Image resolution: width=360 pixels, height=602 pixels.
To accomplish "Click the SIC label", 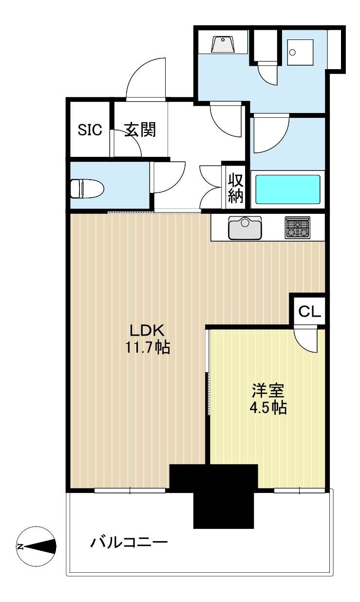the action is [x=90, y=130].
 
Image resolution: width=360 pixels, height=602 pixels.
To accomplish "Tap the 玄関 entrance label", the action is [x=140, y=130].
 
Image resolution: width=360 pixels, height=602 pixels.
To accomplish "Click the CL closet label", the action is [x=309, y=312].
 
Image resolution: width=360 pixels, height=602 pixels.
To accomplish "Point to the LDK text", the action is [x=147, y=330].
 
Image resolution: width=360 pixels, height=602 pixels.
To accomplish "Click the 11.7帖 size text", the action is [x=148, y=348].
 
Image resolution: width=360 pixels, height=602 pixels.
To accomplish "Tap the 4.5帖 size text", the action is [x=268, y=408].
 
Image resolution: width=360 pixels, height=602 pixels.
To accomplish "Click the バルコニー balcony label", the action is [x=129, y=535].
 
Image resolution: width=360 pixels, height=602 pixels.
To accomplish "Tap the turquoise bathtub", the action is [x=288, y=189].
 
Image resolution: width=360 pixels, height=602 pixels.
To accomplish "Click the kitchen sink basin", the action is [x=245, y=227].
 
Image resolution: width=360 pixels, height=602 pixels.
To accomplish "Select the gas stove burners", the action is [x=298, y=227].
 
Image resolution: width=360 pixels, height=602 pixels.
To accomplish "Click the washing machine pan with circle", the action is [x=300, y=53].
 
